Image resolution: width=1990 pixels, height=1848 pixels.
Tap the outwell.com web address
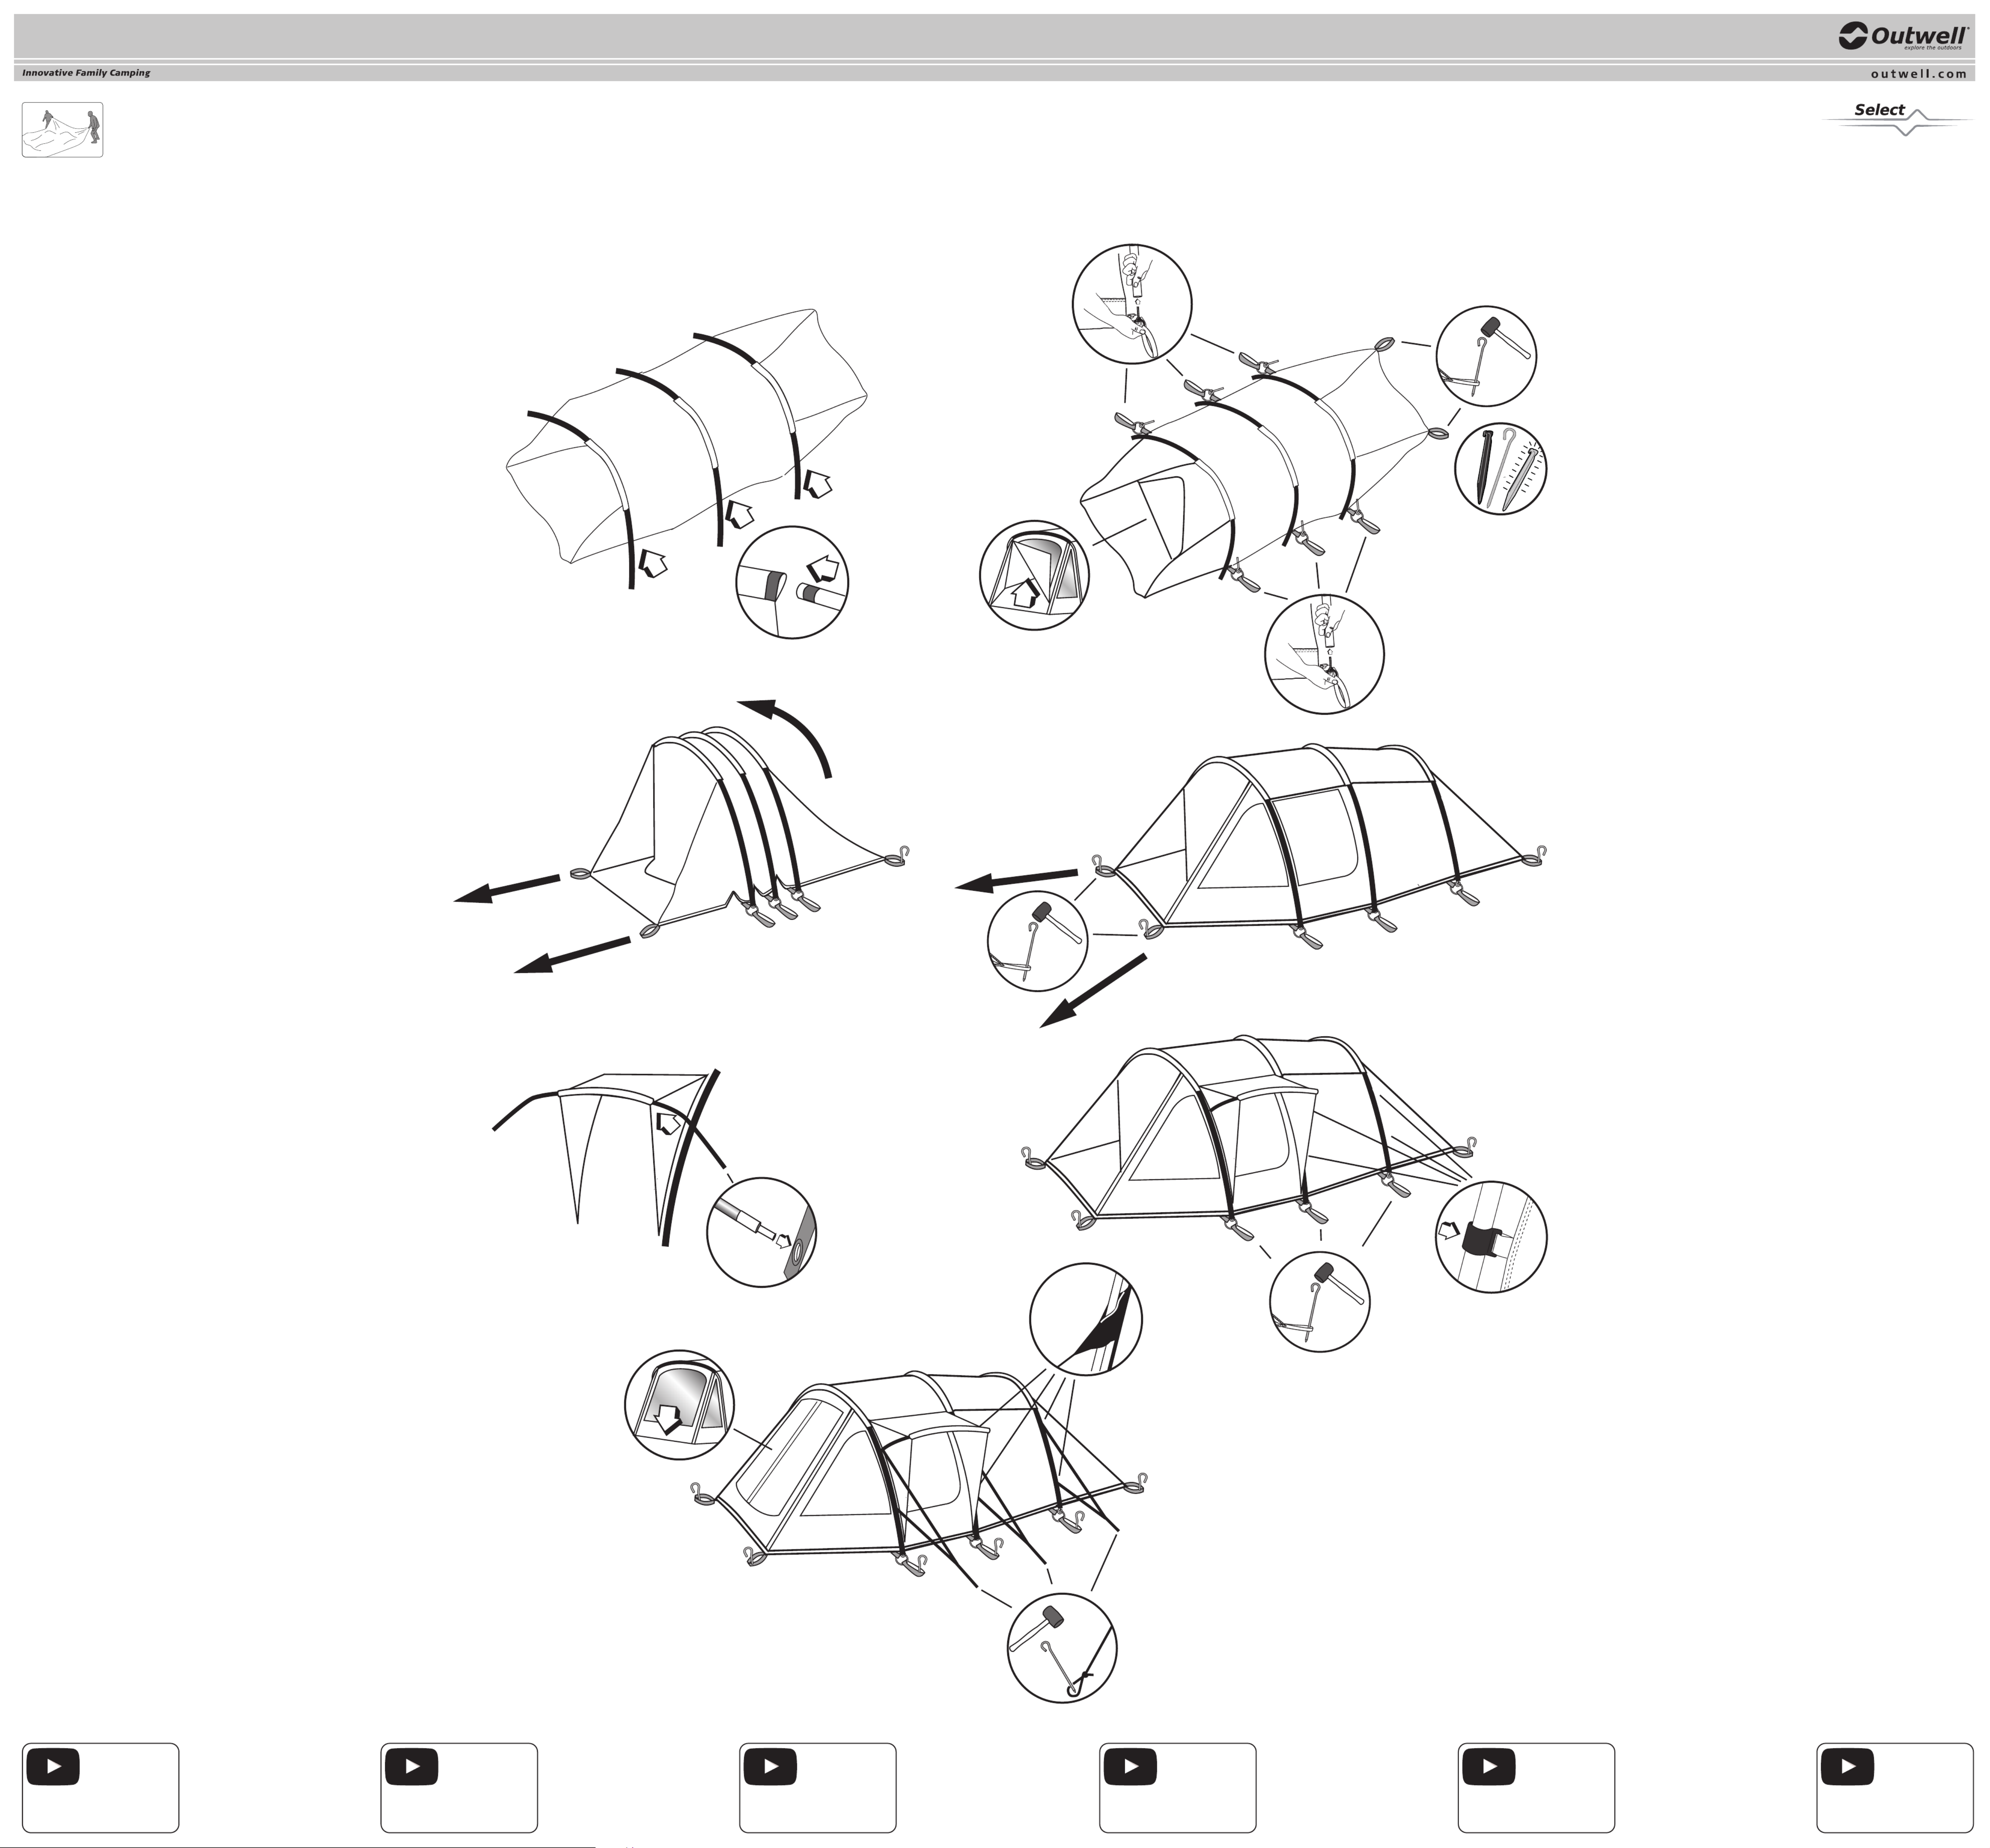tap(1918, 73)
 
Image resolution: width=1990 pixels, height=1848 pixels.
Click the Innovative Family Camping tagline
tap(86, 73)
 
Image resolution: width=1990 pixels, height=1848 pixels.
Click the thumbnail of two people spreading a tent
tap(62, 130)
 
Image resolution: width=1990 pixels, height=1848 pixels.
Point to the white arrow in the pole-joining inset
tap(824, 569)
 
